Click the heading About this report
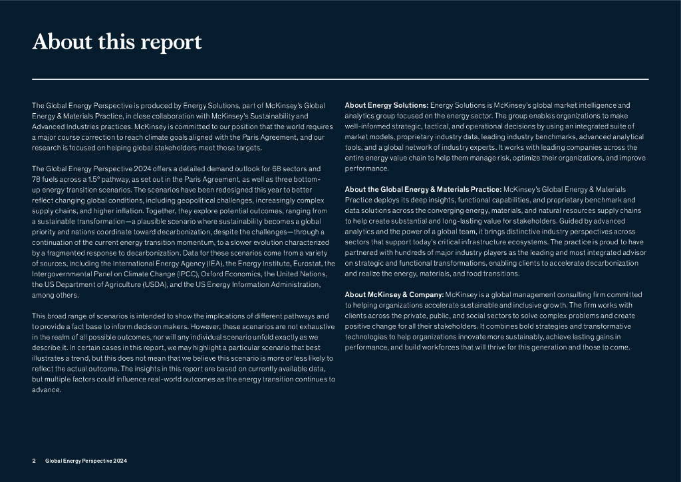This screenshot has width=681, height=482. tap(117, 42)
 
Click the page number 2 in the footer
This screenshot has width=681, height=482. tap(34, 461)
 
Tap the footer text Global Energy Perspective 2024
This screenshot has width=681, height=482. tap(86, 461)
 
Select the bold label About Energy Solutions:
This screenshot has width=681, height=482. tap(386, 105)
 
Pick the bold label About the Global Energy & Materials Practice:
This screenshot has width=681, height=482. tap(423, 190)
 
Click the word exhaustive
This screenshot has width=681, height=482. tap(315, 327)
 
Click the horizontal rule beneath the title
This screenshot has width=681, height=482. tap(340, 79)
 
